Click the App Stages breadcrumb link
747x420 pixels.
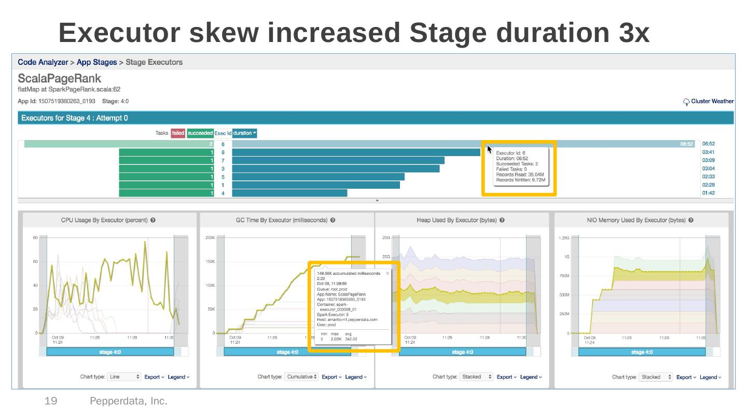[x=96, y=62]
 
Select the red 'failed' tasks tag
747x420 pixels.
[x=178, y=133]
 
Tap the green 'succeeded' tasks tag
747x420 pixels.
[x=200, y=133]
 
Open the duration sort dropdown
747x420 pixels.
[x=244, y=133]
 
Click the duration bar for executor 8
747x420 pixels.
[x=356, y=152]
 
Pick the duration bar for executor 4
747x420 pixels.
[x=289, y=193]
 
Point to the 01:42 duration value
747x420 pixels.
[x=709, y=193]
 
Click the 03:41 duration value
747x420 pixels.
[x=709, y=152]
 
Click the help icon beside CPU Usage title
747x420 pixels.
[x=154, y=220]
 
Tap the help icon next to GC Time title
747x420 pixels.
[x=333, y=220]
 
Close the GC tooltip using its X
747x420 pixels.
[x=388, y=273]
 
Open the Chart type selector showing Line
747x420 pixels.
[x=123, y=377]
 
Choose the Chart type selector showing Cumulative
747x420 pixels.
[x=301, y=377]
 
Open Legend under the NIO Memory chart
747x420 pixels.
[x=710, y=377]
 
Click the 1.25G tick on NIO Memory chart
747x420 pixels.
[x=563, y=238]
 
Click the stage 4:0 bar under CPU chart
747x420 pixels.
[x=110, y=352]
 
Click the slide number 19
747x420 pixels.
[x=51, y=401]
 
